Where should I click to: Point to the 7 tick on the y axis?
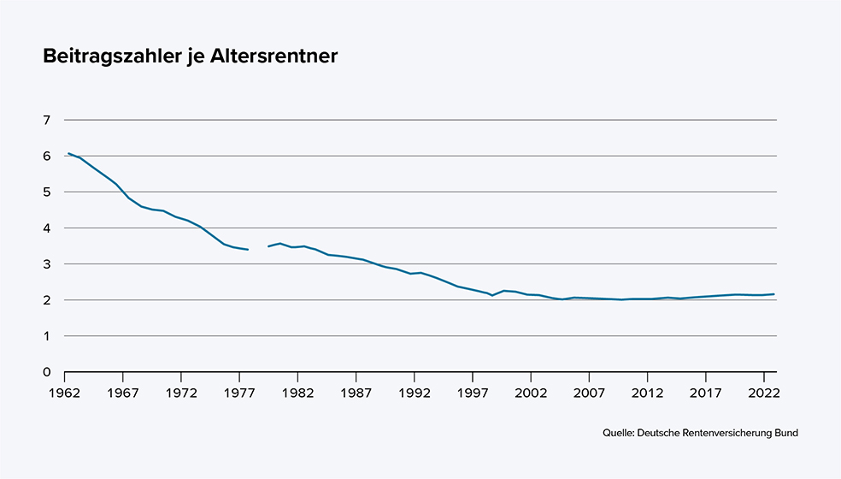46,121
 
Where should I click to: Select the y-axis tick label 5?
46,192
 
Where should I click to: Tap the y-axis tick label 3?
46,264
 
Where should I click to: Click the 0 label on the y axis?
46,372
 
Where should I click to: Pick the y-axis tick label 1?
46,336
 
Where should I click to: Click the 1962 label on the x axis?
65,393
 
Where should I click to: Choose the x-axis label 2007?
588,393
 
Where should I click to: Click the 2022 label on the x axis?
762,393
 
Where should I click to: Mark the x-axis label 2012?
647,393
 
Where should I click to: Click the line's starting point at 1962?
68,154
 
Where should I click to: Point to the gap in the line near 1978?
258,248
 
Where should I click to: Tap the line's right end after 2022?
773,294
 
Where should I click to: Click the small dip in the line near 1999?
491,295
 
